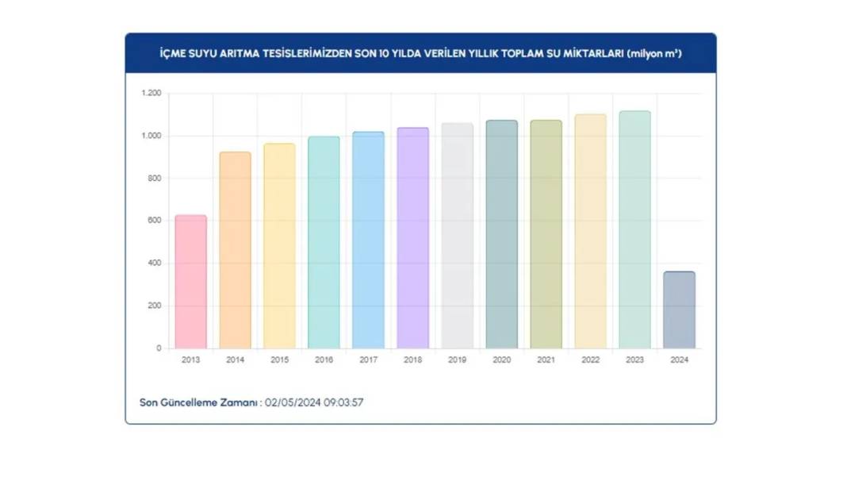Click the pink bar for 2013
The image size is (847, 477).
coord(190,282)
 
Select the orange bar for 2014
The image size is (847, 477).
coord(235,250)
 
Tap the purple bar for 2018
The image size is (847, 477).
coord(412,238)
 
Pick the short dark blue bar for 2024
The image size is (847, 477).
coord(679,310)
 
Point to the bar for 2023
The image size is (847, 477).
coord(634,229)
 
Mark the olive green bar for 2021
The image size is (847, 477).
coord(546,234)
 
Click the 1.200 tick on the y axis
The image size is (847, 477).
coord(151,94)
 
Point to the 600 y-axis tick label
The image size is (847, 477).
coord(154,221)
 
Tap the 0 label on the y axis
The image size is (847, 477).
coord(159,348)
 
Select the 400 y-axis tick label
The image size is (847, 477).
coord(154,264)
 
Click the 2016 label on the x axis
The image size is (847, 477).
coord(324,360)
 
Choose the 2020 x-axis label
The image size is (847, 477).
coord(501,360)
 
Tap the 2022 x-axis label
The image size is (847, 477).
coord(590,360)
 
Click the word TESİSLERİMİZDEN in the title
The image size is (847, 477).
coord(305,54)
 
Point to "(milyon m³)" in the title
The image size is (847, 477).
coord(653,54)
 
